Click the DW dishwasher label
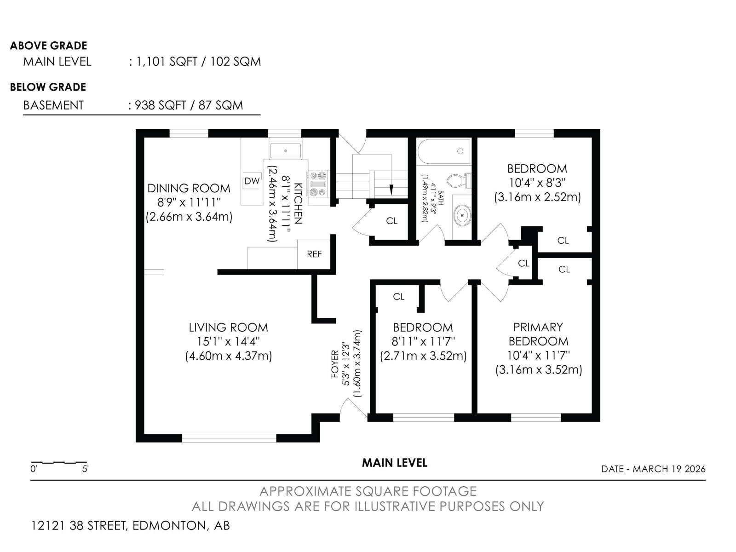[x=252, y=181]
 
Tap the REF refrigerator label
[x=314, y=254]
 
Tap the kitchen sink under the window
[x=286, y=151]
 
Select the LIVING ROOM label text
[x=228, y=328]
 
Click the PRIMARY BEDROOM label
[x=538, y=334]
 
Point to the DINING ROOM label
[x=189, y=188]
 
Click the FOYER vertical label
[x=335, y=363]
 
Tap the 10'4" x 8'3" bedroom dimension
[x=536, y=183]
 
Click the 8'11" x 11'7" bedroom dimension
[x=423, y=341]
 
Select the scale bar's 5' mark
[x=86, y=469]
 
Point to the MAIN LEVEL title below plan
[x=394, y=463]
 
